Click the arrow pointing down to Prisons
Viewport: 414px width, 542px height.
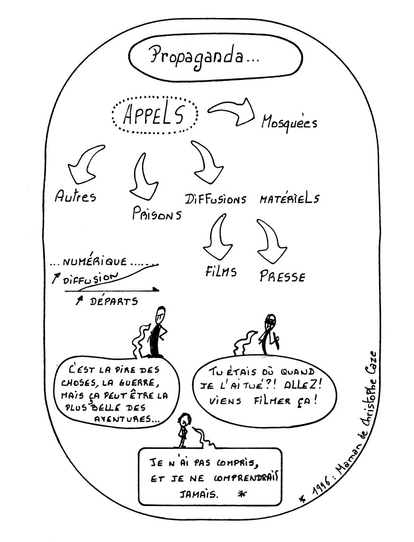point(143,175)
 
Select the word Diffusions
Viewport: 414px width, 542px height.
point(215,199)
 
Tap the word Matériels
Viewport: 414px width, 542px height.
point(289,199)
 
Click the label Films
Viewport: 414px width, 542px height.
point(220,271)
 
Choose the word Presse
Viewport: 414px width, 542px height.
point(282,275)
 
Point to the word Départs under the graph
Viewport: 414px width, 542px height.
point(113,302)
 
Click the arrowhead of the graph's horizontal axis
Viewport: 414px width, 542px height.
point(156,290)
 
